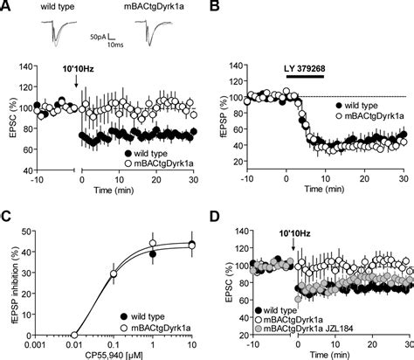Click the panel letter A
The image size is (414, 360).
(7, 7)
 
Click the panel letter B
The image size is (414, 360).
(218, 7)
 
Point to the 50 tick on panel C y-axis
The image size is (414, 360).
(30, 205)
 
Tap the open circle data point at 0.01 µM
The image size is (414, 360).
(74, 335)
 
